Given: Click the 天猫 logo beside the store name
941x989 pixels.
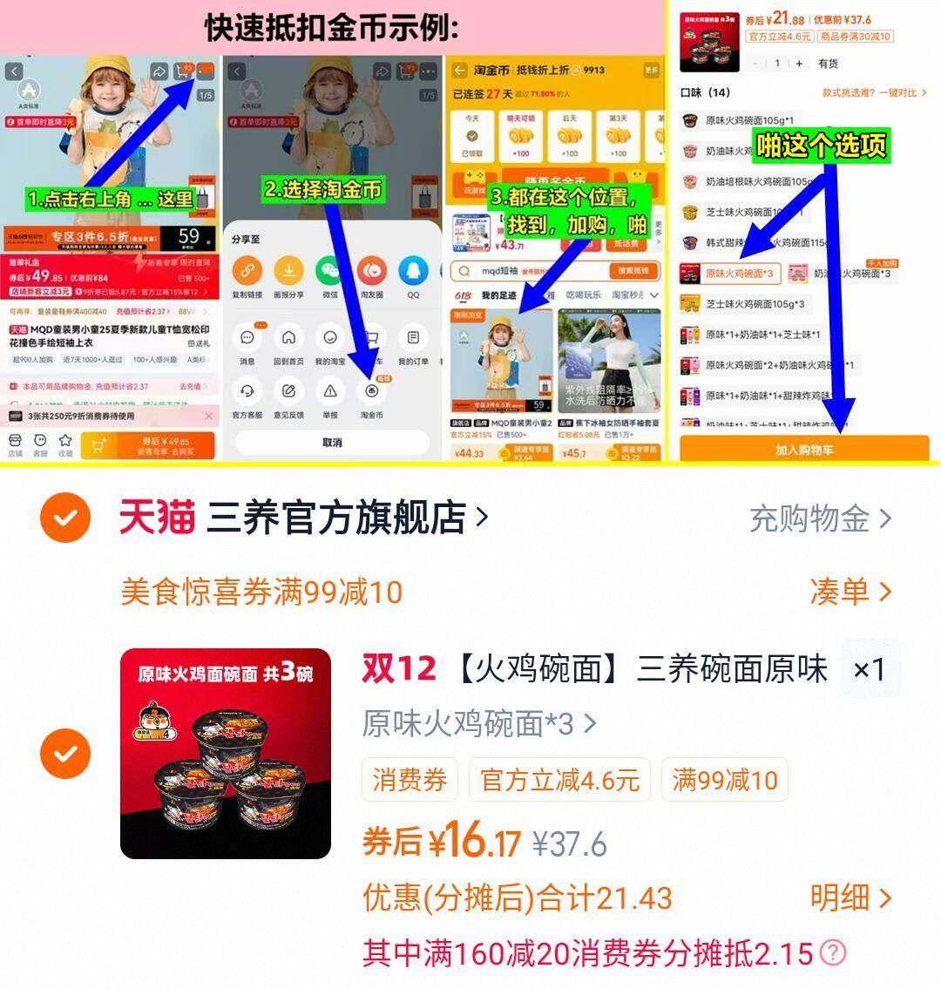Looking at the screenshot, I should [157, 518].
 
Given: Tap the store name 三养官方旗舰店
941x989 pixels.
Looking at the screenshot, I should [336, 518].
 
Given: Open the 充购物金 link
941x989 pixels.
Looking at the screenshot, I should [820, 519].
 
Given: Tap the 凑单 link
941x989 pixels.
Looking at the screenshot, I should [850, 593].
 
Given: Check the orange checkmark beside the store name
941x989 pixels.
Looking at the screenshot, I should [65, 518].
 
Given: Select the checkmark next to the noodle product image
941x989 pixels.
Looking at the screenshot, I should [65, 753].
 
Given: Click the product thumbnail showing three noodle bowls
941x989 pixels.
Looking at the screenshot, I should [226, 754].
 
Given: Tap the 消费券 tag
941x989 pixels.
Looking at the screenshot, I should [410, 779].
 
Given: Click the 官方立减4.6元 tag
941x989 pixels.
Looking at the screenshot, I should [559, 779].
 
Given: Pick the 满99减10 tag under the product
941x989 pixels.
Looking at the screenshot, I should [725, 779].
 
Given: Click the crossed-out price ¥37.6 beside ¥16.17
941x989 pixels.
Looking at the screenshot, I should [570, 843].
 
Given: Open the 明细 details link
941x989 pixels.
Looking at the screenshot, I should [850, 898].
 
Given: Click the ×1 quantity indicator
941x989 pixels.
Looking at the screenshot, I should [870, 669].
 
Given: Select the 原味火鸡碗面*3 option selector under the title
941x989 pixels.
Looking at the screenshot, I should [478, 723].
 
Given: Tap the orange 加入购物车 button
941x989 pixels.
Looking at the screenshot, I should [803, 450].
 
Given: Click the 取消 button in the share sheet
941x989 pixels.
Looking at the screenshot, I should [332, 443].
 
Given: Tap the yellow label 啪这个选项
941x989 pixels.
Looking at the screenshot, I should [821, 146].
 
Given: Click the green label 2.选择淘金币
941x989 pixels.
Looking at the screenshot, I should [323, 189].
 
